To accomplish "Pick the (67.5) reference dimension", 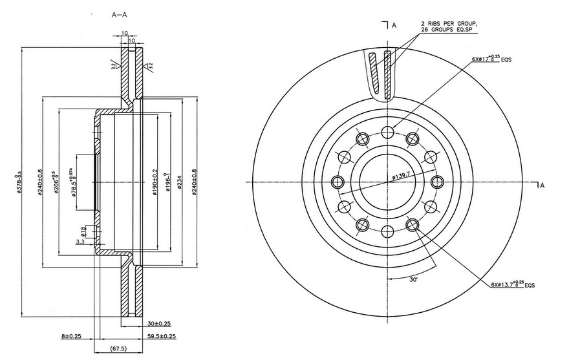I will (x=118, y=349).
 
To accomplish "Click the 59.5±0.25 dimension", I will (x=161, y=336).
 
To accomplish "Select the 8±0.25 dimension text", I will (x=72, y=336).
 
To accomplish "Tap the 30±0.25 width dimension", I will (x=158, y=323).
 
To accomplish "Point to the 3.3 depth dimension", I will (x=80, y=241).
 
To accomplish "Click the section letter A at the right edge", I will (x=542, y=185).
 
